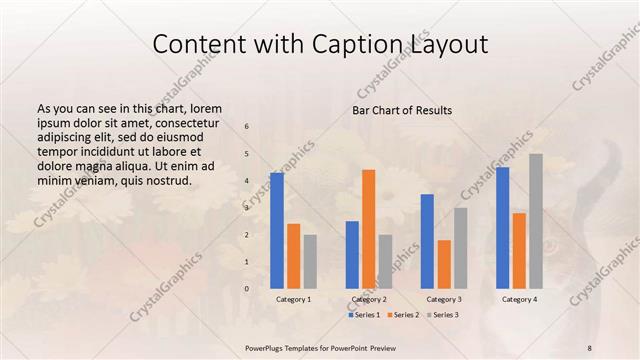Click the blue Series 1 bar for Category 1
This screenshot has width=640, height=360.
[277, 231]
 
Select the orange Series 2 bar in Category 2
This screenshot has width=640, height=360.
[369, 229]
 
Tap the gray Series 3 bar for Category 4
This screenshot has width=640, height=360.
[536, 221]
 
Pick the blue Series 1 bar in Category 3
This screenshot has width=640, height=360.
[427, 241]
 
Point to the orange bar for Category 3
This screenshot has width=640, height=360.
[444, 264]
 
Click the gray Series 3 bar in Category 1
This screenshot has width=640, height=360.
[310, 262]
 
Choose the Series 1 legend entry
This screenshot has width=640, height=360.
[365, 315]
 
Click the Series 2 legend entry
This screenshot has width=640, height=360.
[403, 315]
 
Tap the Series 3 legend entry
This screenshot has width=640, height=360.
[441, 315]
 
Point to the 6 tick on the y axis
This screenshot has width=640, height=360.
[247, 126]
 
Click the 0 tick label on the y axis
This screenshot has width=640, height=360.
[247, 289]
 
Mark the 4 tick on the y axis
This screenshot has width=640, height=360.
[247, 181]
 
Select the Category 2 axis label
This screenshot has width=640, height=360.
[369, 299]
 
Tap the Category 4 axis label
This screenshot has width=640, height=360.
[519, 299]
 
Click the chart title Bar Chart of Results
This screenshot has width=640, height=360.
[402, 110]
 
